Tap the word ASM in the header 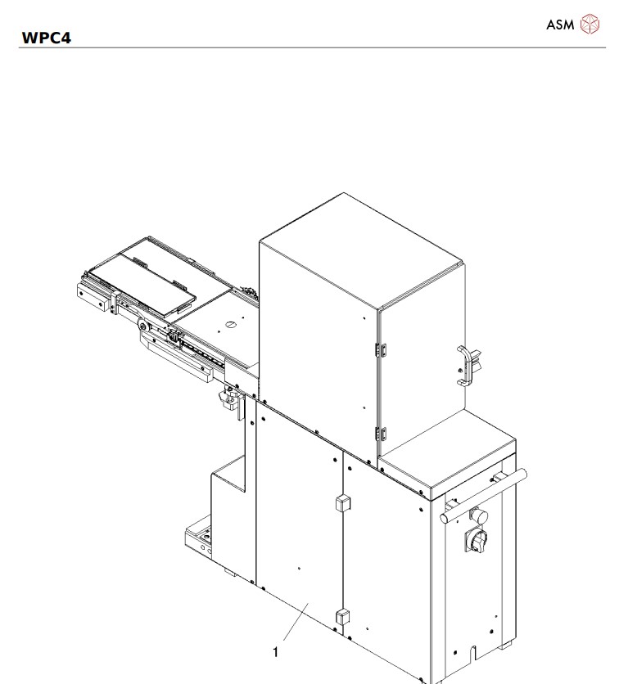[x=560, y=25]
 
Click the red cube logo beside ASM [x=590, y=25]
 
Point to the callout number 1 [x=276, y=652]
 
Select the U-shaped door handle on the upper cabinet [x=464, y=366]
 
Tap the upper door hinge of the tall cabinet [x=380, y=349]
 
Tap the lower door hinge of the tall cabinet [x=380, y=433]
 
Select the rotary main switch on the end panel [x=475, y=540]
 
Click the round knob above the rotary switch [x=477, y=515]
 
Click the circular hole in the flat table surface [x=230, y=325]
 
